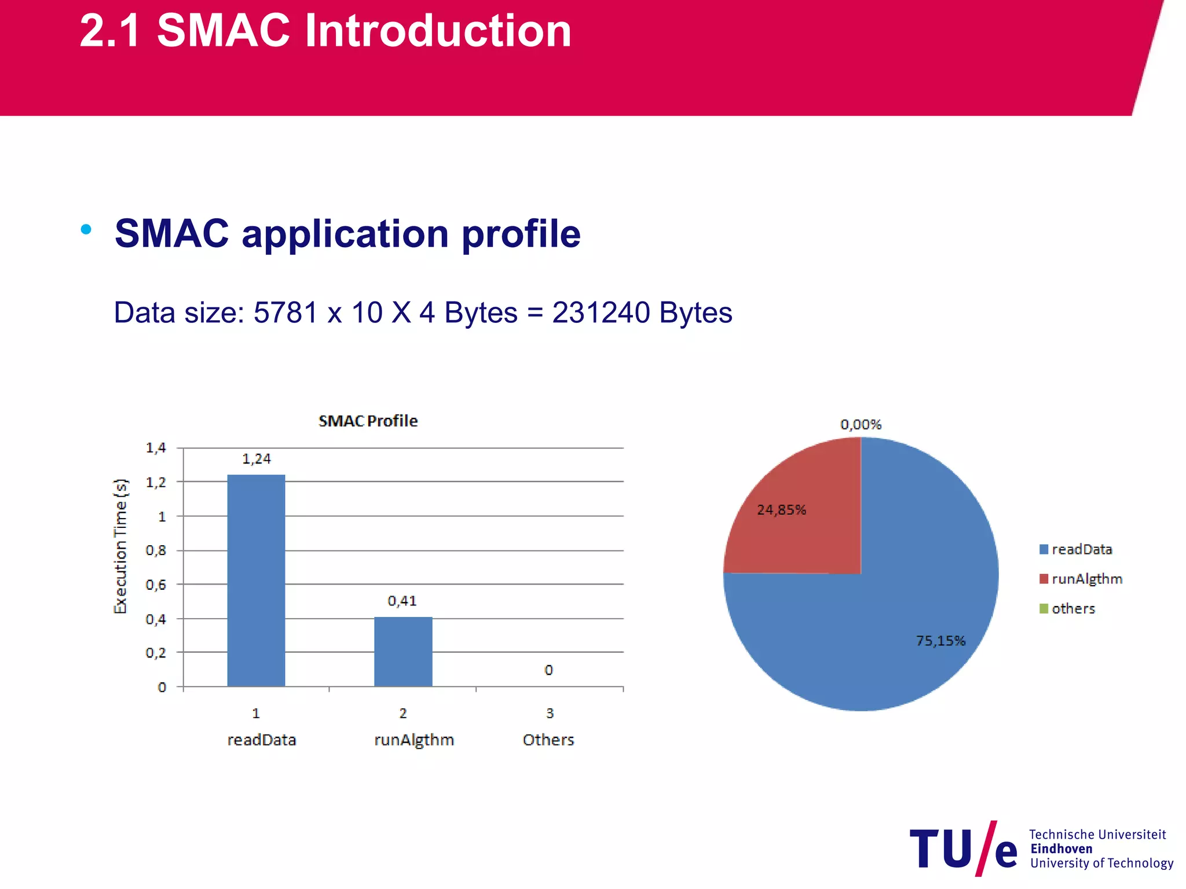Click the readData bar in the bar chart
point(256,580)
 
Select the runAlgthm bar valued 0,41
point(403,651)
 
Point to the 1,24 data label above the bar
point(256,459)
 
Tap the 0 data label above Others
point(548,670)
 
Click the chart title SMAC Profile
point(368,421)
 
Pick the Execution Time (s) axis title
point(120,546)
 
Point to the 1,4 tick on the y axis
point(156,447)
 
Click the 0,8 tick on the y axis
point(156,550)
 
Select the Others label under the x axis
point(548,740)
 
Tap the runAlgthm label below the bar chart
point(414,740)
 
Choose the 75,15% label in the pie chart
point(940,641)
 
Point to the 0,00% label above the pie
point(861,424)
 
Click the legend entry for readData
point(1076,549)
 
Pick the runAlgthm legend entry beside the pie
point(1081,579)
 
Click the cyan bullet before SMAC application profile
point(86,229)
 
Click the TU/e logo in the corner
point(964,848)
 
